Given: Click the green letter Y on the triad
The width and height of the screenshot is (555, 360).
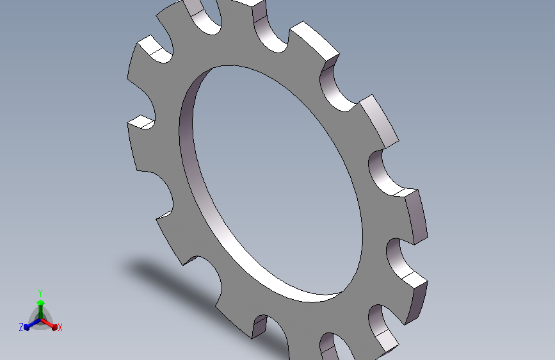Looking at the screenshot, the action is tap(40, 293).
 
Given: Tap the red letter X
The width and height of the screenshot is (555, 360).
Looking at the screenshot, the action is tap(60, 327).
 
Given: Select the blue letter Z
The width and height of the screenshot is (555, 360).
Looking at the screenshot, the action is tap(21, 327).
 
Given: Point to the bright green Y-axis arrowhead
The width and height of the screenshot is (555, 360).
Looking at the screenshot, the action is tap(41, 302).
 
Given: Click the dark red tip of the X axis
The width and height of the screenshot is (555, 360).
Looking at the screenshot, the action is tap(54, 327).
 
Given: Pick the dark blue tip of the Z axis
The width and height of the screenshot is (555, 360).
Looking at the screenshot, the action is tap(27, 327).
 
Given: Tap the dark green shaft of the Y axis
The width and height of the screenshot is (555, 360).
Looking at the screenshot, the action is tap(41, 312).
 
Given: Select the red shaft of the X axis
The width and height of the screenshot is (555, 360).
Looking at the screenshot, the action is tap(47, 323).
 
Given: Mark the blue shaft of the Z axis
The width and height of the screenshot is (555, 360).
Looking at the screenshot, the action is tap(35, 323).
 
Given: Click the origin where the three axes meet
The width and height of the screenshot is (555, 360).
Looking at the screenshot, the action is tap(41, 320).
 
